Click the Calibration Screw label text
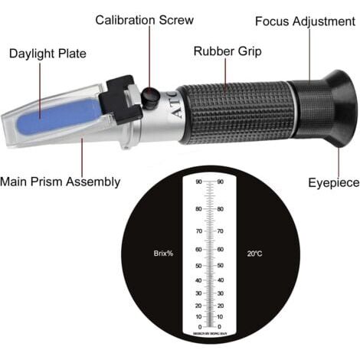click(144, 19)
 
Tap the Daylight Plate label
click(47, 54)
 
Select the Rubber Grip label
click(227, 52)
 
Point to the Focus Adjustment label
click(305, 21)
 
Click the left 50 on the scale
click(198, 266)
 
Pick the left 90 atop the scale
click(198, 182)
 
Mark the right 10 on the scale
click(221, 316)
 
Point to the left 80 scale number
click(198, 208)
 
